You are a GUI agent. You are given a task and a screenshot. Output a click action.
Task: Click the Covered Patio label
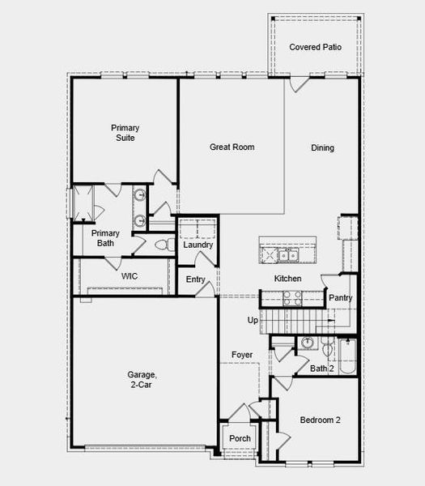(x=316, y=47)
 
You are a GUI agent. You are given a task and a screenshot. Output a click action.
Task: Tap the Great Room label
(x=232, y=147)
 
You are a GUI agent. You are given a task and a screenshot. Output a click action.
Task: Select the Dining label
(x=322, y=148)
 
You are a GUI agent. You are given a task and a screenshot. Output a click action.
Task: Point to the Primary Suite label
(x=125, y=133)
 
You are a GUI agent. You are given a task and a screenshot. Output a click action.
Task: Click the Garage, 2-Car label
(x=142, y=380)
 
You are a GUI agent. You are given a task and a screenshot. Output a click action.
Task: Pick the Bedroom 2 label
(x=320, y=420)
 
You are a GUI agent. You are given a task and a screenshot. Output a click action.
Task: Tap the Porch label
(x=240, y=438)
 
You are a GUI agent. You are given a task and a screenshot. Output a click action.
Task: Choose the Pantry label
(x=341, y=298)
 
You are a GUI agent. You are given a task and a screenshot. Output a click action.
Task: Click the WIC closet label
(x=130, y=276)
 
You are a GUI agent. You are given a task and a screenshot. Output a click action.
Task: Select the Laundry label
(x=198, y=245)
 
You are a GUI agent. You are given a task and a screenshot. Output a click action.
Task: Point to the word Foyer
(x=242, y=355)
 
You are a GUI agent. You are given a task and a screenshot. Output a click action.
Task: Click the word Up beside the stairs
(x=253, y=320)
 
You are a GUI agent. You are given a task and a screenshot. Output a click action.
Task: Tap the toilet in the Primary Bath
(x=165, y=245)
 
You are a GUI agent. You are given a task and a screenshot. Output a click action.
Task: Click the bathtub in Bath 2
(x=348, y=356)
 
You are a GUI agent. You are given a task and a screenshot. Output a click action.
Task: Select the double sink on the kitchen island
(x=287, y=255)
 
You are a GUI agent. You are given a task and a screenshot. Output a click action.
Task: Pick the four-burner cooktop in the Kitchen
(x=292, y=298)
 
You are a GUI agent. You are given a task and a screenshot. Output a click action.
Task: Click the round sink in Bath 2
(x=308, y=343)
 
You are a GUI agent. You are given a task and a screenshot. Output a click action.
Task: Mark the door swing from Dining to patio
(x=300, y=84)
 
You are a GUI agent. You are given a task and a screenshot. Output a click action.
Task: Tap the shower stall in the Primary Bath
(x=83, y=203)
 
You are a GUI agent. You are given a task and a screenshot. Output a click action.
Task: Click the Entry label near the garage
(x=195, y=279)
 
